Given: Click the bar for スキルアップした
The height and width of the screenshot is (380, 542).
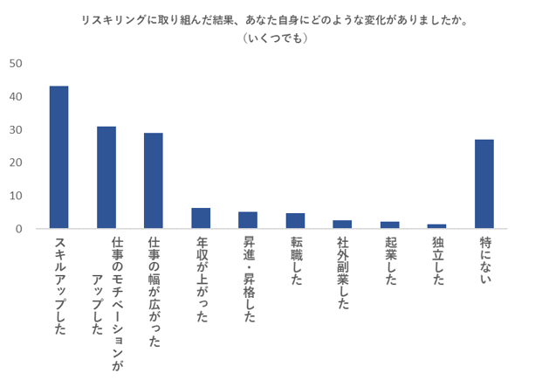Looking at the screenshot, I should coord(59,157).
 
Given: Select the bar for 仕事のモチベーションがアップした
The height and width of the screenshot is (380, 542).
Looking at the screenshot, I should coord(106,177).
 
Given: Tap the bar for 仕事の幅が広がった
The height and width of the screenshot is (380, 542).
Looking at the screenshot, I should coord(154,181).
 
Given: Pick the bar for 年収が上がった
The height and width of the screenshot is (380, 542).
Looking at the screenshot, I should coord(201,218).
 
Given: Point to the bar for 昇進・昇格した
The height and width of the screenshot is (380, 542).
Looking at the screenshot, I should coord(248,220).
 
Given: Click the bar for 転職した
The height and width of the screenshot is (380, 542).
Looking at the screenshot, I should coord(295,221).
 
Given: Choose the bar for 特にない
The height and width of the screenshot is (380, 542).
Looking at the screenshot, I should coord(484,184).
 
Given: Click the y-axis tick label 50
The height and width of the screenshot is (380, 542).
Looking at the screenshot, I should coord(16,64).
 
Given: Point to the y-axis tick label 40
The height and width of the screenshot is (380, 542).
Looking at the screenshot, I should coord(16,97).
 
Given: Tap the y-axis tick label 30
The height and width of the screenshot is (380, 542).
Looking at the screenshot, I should coord(16,130).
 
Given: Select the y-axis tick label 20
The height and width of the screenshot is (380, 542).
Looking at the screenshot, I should coord(16,162).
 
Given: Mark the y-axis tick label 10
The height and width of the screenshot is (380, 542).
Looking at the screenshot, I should coord(16,196).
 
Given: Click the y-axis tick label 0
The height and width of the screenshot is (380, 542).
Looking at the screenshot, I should coord(18,229).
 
